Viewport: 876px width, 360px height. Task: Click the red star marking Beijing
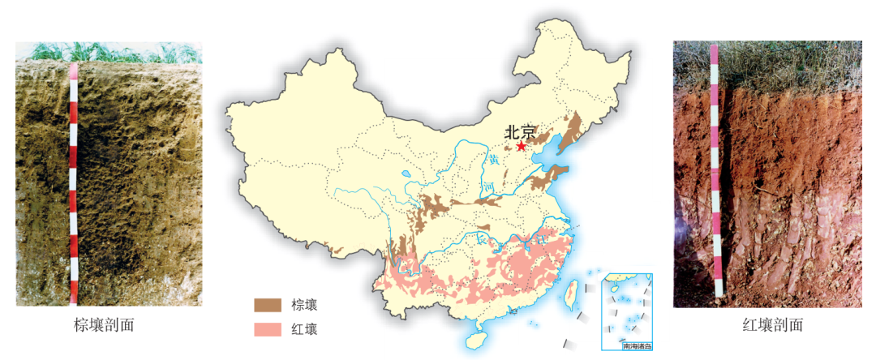[x=521, y=147]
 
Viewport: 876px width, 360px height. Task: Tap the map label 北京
[x=520, y=131]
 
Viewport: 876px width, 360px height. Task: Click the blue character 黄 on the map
[x=493, y=161]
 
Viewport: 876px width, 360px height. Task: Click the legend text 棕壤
[x=304, y=306]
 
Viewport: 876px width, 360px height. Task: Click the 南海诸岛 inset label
[x=637, y=346]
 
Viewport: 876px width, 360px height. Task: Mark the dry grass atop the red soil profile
[x=779, y=65]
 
